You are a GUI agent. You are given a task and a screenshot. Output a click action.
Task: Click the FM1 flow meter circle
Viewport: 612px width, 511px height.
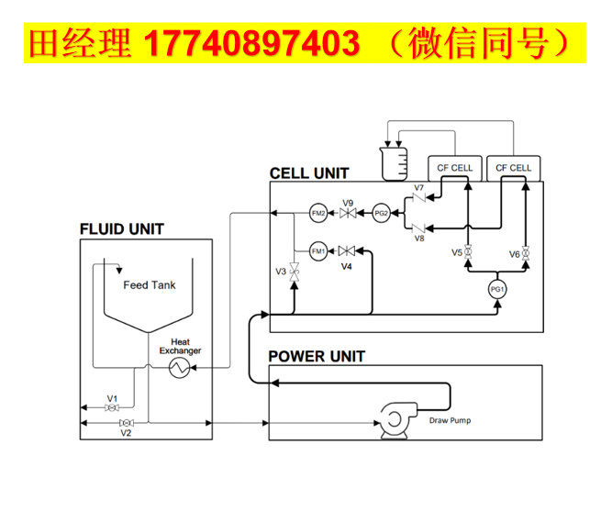coord(318,251)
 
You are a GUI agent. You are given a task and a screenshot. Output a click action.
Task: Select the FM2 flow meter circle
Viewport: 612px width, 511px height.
coord(318,214)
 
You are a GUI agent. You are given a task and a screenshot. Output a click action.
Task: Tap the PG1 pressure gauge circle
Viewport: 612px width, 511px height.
coord(497,289)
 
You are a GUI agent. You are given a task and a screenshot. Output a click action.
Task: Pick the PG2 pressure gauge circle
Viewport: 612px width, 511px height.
coord(382,214)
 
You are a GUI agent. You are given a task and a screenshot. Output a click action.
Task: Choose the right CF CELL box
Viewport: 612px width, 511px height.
coord(513,168)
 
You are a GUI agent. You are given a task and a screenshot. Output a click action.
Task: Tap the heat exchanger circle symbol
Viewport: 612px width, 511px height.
coord(177,369)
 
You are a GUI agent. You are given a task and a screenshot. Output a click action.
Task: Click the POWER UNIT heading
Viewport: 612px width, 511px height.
coord(317,356)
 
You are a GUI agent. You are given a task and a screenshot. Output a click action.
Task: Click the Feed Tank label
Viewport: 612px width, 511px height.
coord(150,285)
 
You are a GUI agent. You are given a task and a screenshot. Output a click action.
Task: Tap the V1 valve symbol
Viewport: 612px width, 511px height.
coord(112,407)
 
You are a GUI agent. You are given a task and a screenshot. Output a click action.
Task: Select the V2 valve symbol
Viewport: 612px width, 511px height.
coord(126,423)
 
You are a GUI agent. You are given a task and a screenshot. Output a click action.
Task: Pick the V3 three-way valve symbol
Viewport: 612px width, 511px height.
coord(295,271)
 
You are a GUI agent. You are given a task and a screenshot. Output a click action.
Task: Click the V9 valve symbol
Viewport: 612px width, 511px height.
coord(349,214)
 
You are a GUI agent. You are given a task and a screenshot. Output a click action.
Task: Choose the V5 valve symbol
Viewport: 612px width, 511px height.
coord(468,251)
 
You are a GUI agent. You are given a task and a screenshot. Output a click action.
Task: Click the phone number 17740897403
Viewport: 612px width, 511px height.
coord(252,42)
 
